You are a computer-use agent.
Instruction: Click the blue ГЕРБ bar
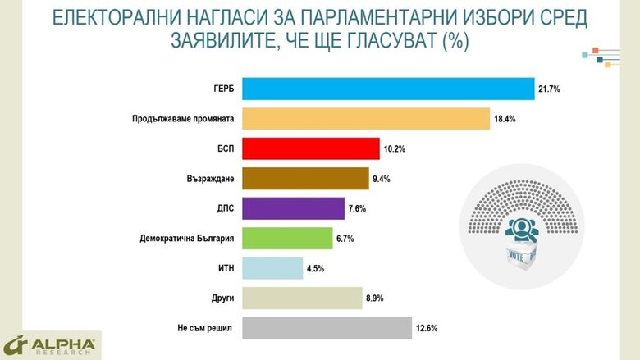click(x=388, y=89)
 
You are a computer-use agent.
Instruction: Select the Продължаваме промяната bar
click(x=366, y=119)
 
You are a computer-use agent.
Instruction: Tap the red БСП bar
click(x=311, y=148)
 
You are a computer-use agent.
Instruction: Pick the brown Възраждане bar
click(x=306, y=179)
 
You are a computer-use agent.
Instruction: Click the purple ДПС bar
click(x=294, y=208)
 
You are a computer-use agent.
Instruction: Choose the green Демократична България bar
click(x=288, y=238)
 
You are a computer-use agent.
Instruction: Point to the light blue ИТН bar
click(x=273, y=268)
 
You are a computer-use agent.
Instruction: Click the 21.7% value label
click(x=549, y=89)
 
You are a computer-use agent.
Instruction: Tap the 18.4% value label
click(x=505, y=119)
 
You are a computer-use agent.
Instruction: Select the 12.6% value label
click(x=427, y=328)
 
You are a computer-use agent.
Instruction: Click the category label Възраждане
click(x=211, y=179)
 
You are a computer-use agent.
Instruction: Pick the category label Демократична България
click(x=184, y=238)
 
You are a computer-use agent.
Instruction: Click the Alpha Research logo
click(x=49, y=345)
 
